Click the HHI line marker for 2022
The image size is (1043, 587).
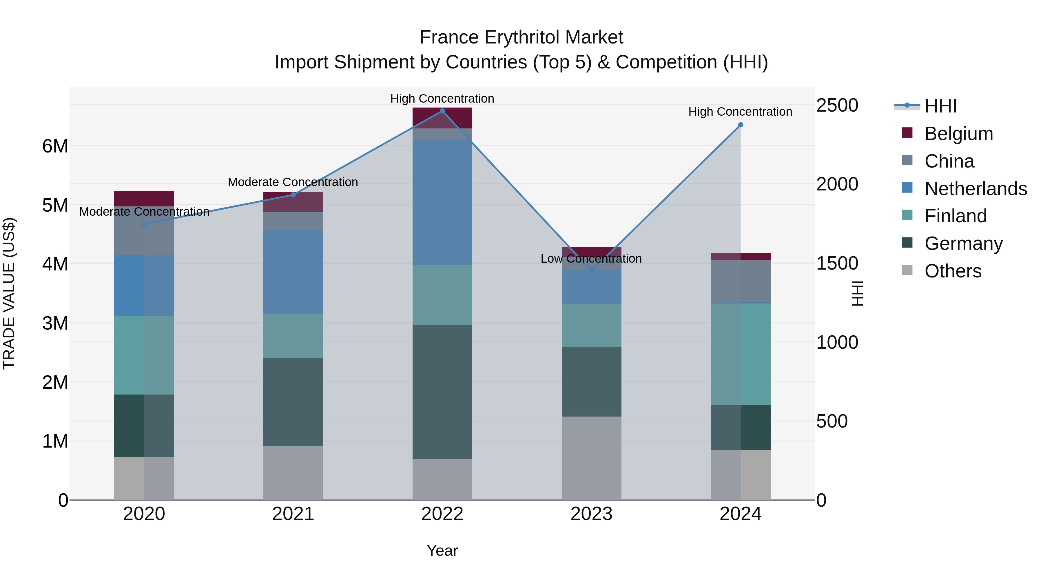pyautogui.click(x=442, y=111)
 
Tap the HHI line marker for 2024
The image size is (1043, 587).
pyautogui.click(x=741, y=125)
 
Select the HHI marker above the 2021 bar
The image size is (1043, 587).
pyautogui.click(x=293, y=195)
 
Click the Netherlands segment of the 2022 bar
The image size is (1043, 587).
pyautogui.click(x=442, y=203)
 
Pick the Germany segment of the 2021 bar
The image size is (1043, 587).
pyautogui.click(x=293, y=402)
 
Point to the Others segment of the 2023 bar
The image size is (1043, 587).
pyautogui.click(x=591, y=458)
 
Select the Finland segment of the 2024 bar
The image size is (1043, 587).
pyautogui.click(x=741, y=354)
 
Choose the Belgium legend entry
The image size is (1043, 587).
pyautogui.click(x=958, y=133)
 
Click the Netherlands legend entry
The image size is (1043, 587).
pyautogui.click(x=975, y=188)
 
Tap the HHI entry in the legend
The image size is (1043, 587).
pyautogui.click(x=940, y=106)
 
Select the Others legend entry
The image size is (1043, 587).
pyautogui.click(x=952, y=271)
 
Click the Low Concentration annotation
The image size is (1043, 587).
pyautogui.click(x=591, y=259)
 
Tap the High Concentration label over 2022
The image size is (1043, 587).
pyautogui.click(x=442, y=99)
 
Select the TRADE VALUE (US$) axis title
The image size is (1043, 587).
pyautogui.click(x=9, y=293)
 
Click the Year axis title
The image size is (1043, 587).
pyautogui.click(x=442, y=550)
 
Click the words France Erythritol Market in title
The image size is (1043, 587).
pyautogui.click(x=521, y=37)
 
